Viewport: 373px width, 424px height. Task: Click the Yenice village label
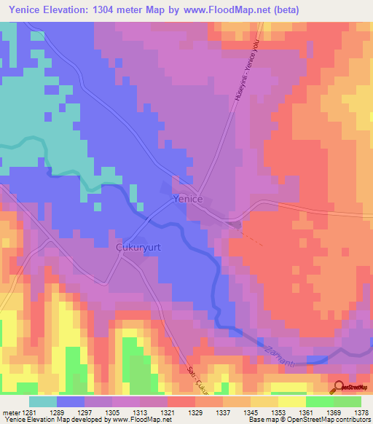187,198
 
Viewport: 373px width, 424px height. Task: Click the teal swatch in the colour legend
43,401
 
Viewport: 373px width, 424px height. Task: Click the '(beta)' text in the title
283,10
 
